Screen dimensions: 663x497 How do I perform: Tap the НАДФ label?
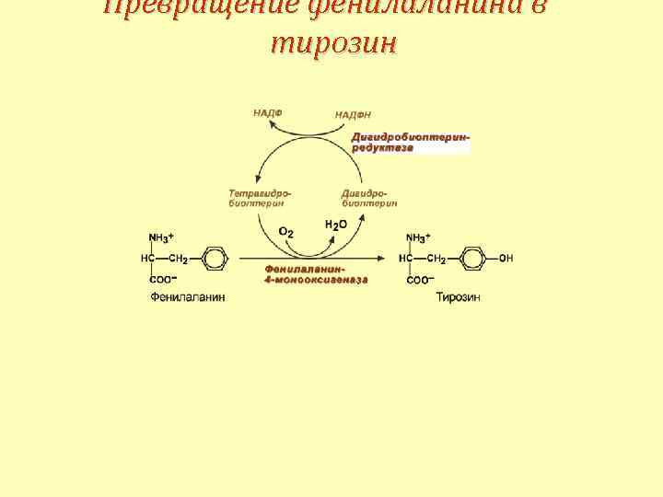pyautogui.click(x=268, y=112)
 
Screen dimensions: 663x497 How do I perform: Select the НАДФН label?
pyautogui.click(x=353, y=114)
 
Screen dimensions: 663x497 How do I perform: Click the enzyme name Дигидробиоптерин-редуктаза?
pyautogui.click(x=410, y=142)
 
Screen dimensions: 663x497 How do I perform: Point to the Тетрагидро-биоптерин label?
pyautogui.click(x=260, y=198)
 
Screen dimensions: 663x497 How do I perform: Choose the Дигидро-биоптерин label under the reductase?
pyautogui.click(x=369, y=198)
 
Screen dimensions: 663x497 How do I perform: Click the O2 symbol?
pyautogui.click(x=285, y=232)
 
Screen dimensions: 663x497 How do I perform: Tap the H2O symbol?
pyautogui.click(x=336, y=225)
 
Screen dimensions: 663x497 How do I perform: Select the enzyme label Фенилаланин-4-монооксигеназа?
pyautogui.click(x=317, y=273)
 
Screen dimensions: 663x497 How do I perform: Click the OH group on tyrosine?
pyautogui.click(x=506, y=259)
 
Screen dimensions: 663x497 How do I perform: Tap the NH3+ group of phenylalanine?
pyautogui.click(x=161, y=237)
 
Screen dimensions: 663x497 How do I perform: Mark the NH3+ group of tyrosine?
pyautogui.click(x=418, y=237)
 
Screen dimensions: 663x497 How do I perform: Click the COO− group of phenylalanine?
pyautogui.click(x=162, y=279)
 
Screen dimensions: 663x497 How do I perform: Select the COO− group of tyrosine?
pyautogui.click(x=420, y=279)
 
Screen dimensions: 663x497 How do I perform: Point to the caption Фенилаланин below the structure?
pyautogui.click(x=188, y=297)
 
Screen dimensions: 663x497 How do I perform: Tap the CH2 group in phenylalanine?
pyautogui.click(x=178, y=259)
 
